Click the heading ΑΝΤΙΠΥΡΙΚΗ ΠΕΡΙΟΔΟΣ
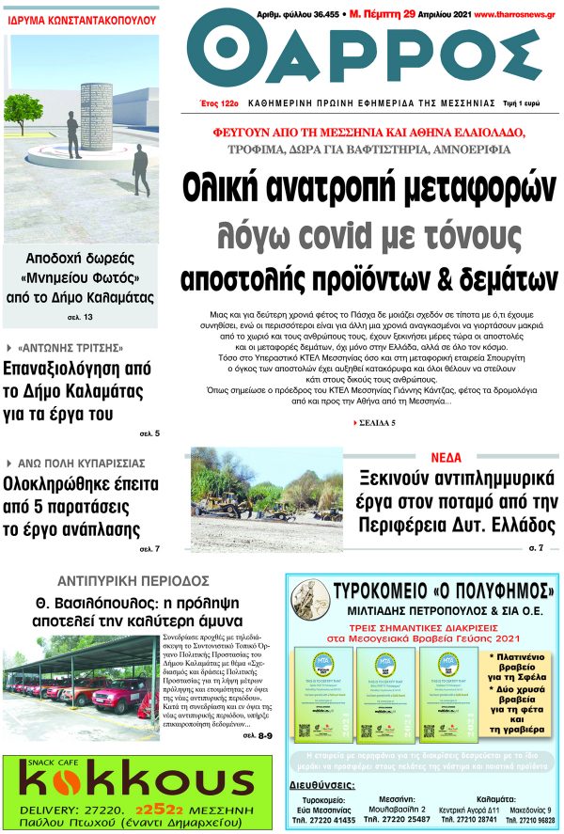(x=133, y=580)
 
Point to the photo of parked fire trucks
(x=80, y=681)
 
